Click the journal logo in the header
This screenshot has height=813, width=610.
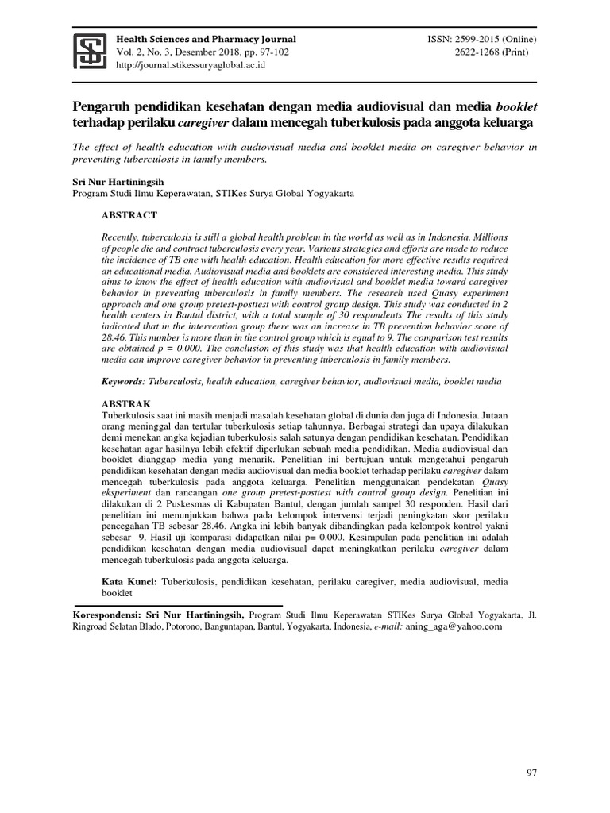(91, 52)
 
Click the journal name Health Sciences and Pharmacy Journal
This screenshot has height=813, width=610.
(207, 39)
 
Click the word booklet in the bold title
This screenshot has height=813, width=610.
(516, 106)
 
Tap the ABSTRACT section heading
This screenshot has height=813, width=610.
(129, 215)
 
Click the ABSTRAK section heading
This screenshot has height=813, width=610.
(126, 404)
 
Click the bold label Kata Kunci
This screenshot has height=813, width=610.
(129, 582)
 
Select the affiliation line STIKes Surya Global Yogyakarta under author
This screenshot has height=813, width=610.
(213, 193)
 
